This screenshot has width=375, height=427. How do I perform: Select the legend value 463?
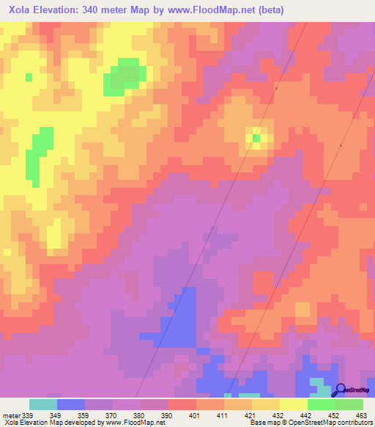coord(360,415)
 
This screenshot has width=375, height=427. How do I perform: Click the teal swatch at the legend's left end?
coord(43,404)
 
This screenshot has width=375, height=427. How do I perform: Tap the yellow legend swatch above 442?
coord(294,404)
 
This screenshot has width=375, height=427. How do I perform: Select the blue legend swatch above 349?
coord(71,404)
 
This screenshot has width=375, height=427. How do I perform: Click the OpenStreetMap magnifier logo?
coord(341,390)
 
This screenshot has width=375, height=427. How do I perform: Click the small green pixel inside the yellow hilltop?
coord(256,137)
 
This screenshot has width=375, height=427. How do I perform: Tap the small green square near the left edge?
coord(29,76)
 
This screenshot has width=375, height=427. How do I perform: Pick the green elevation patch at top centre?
coord(122,76)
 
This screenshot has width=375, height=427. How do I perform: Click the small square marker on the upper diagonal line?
coord(276,88)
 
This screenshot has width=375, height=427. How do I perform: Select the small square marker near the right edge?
coord(341,145)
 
